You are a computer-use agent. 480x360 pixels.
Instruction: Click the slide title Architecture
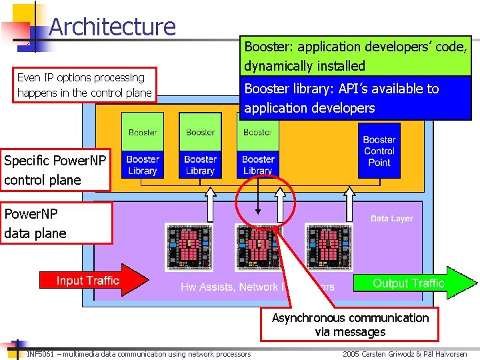click(112, 27)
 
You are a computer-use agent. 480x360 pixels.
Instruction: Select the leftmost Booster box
click(142, 133)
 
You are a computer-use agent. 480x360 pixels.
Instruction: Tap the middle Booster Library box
click(200, 165)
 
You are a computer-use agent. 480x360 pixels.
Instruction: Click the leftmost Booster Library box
click(142, 165)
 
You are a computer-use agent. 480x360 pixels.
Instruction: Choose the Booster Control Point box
click(379, 151)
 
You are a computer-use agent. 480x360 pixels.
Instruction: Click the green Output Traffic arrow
click(413, 283)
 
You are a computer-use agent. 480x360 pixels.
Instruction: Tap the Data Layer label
click(391, 219)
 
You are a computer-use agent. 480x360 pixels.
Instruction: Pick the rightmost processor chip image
click(328, 245)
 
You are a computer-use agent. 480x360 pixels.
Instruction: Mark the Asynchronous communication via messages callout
click(350, 325)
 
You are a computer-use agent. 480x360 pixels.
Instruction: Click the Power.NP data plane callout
click(55, 223)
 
